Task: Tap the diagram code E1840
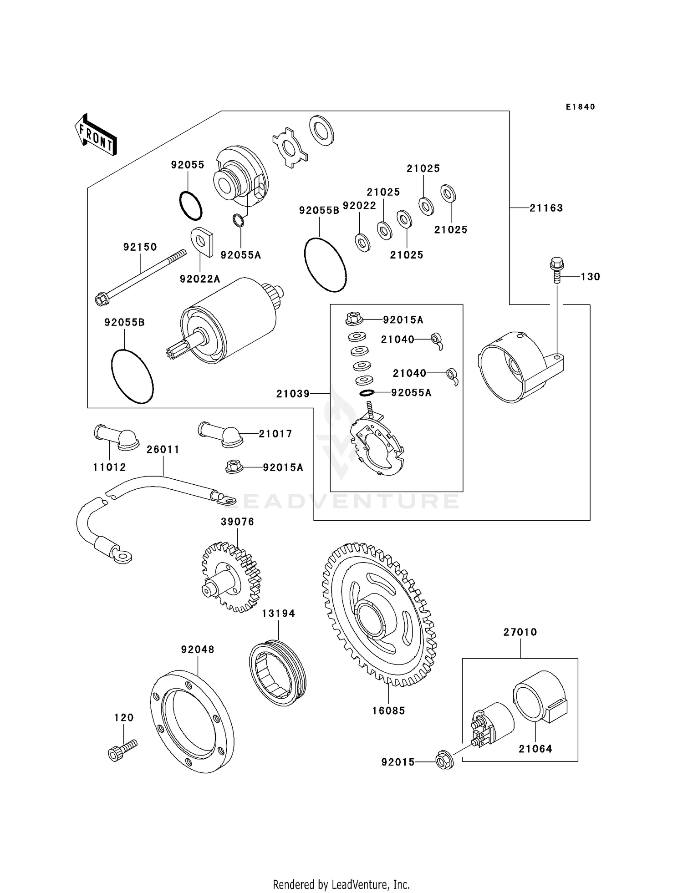coord(580,107)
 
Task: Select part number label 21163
coord(546,208)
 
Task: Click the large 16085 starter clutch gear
coord(379,614)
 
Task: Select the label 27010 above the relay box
coord(520,632)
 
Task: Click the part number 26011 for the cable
coord(163,450)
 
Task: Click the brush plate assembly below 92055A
coord(377,446)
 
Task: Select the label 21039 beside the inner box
coord(293,394)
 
